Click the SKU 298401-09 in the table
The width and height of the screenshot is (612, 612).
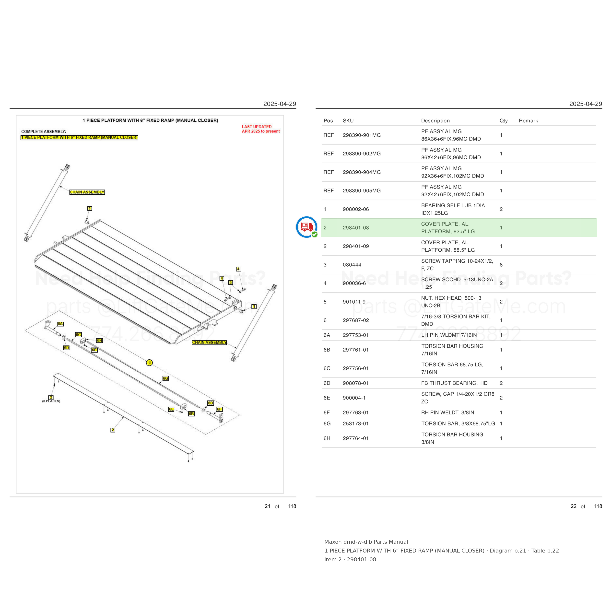pos(356,246)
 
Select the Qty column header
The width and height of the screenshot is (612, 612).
pos(504,121)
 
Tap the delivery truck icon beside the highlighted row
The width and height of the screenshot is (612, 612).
pos(307,227)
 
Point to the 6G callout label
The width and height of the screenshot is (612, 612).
pos(165,378)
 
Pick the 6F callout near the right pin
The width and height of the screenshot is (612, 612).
pos(219,409)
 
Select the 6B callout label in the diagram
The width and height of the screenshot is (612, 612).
pos(191,414)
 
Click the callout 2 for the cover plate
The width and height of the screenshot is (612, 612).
pos(113,430)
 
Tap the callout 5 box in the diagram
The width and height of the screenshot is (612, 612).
pos(231,282)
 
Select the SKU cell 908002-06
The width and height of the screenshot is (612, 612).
pos(356,209)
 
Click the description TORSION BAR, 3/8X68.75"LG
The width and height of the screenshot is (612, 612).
pos(458,424)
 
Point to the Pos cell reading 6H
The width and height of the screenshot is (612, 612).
pos(327,438)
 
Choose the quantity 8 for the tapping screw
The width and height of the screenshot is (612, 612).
pos(501,264)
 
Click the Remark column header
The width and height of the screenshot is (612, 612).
pos(528,121)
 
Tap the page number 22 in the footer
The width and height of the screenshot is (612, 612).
pos(573,506)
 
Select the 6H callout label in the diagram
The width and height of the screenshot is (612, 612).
pos(99,341)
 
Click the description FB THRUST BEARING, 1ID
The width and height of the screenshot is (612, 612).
pos(454,383)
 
